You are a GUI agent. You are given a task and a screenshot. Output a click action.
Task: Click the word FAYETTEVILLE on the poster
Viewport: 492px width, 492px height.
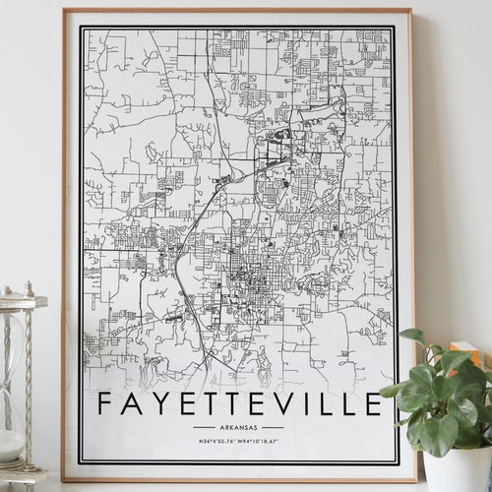click(238, 404)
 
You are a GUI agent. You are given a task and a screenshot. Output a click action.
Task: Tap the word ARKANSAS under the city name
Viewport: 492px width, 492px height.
click(238, 427)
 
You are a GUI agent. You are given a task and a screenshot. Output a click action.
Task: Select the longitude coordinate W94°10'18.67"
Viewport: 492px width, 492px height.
click(263, 442)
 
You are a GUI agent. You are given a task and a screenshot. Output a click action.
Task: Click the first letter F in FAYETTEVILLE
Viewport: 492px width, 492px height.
click(105, 404)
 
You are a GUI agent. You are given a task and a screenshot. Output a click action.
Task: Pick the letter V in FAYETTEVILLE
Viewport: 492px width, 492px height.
click(278, 404)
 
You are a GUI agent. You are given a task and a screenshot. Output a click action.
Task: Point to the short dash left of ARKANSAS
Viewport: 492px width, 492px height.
click(203, 427)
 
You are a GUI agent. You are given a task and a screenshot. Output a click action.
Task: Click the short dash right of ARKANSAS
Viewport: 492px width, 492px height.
click(273, 427)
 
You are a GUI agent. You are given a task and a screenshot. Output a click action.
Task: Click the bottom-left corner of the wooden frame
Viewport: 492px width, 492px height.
click(64, 479)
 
